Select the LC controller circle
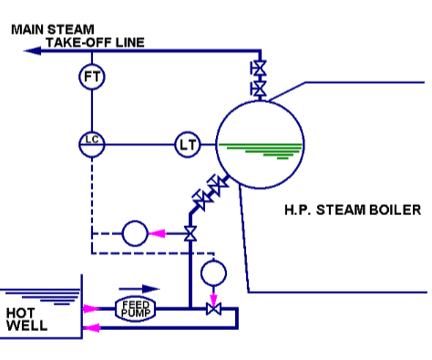click(x=91, y=143)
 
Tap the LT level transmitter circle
click(x=188, y=143)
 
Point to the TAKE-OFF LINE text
click(x=96, y=42)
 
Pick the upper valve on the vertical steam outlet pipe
click(x=259, y=69)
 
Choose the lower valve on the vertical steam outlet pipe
click(x=259, y=89)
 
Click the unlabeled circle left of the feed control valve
click(x=135, y=234)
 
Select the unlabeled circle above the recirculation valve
click(x=213, y=271)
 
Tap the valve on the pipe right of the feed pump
click(x=213, y=311)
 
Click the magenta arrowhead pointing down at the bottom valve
click(x=213, y=296)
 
